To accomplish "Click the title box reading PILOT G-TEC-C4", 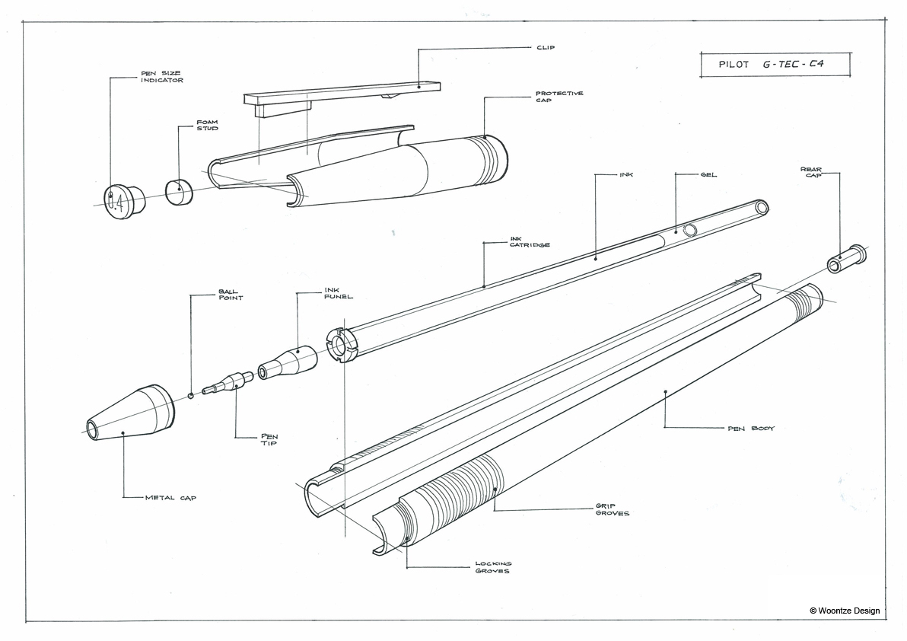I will click(774, 65).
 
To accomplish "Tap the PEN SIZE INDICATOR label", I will click(161, 77).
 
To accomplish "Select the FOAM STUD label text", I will click(207, 126).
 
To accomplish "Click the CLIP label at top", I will click(546, 47).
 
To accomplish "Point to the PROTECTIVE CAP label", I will click(559, 97).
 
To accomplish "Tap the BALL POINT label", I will click(231, 295).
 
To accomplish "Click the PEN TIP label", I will click(270, 440).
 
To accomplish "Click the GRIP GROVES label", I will click(612, 509).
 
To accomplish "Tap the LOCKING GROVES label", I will click(494, 567).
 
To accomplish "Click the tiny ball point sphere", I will click(191, 395).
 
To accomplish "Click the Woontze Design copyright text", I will click(845, 610).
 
